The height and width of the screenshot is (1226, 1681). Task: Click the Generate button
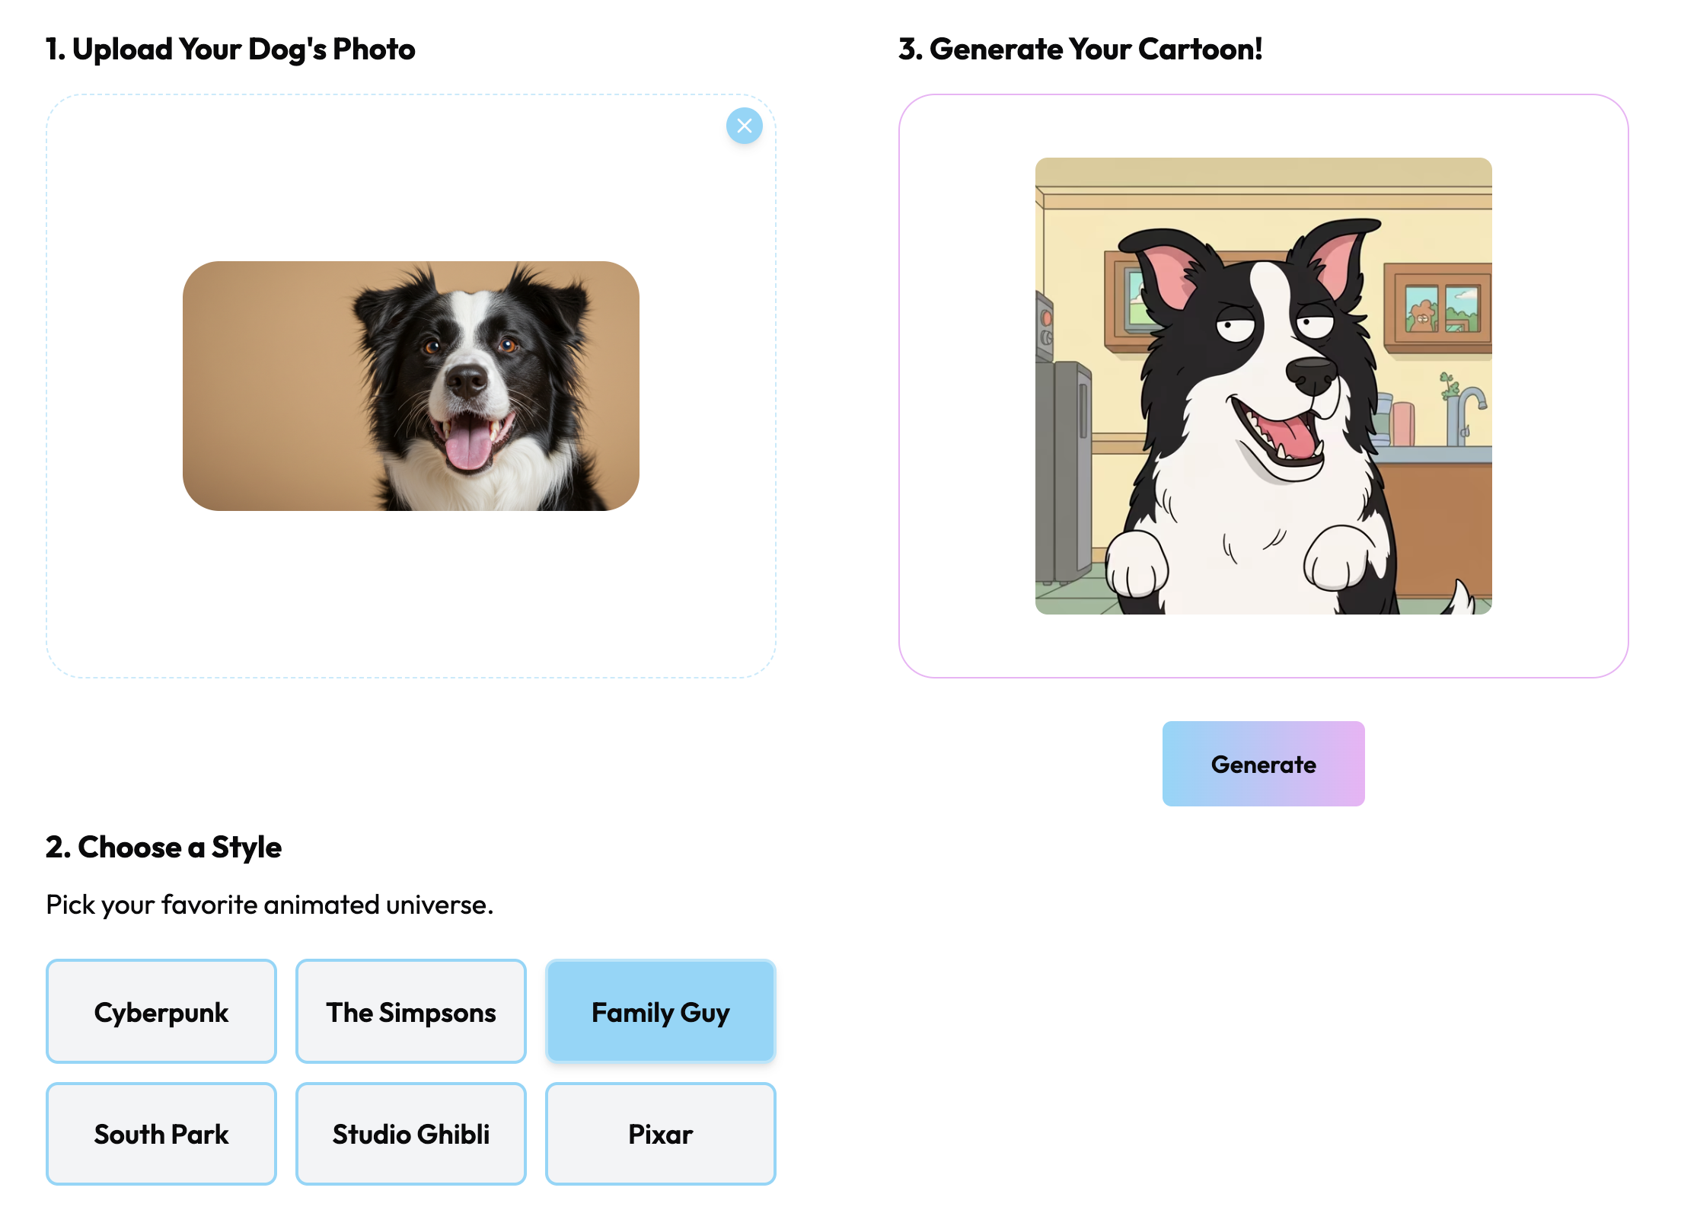[x=1263, y=764]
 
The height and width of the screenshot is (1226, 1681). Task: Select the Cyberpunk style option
[x=161, y=1011]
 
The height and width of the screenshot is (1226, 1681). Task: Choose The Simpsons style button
[x=410, y=1011]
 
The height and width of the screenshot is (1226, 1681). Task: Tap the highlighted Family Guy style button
[x=660, y=1011]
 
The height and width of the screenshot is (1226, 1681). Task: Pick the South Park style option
[x=161, y=1134]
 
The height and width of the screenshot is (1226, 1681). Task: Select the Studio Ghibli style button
[x=410, y=1134]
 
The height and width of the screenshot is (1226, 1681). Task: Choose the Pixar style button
[x=660, y=1134]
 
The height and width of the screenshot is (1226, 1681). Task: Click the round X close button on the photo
[x=744, y=126]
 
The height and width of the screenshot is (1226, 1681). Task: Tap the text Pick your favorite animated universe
[x=270, y=905]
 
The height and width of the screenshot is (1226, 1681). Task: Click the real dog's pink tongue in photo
[x=468, y=445]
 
